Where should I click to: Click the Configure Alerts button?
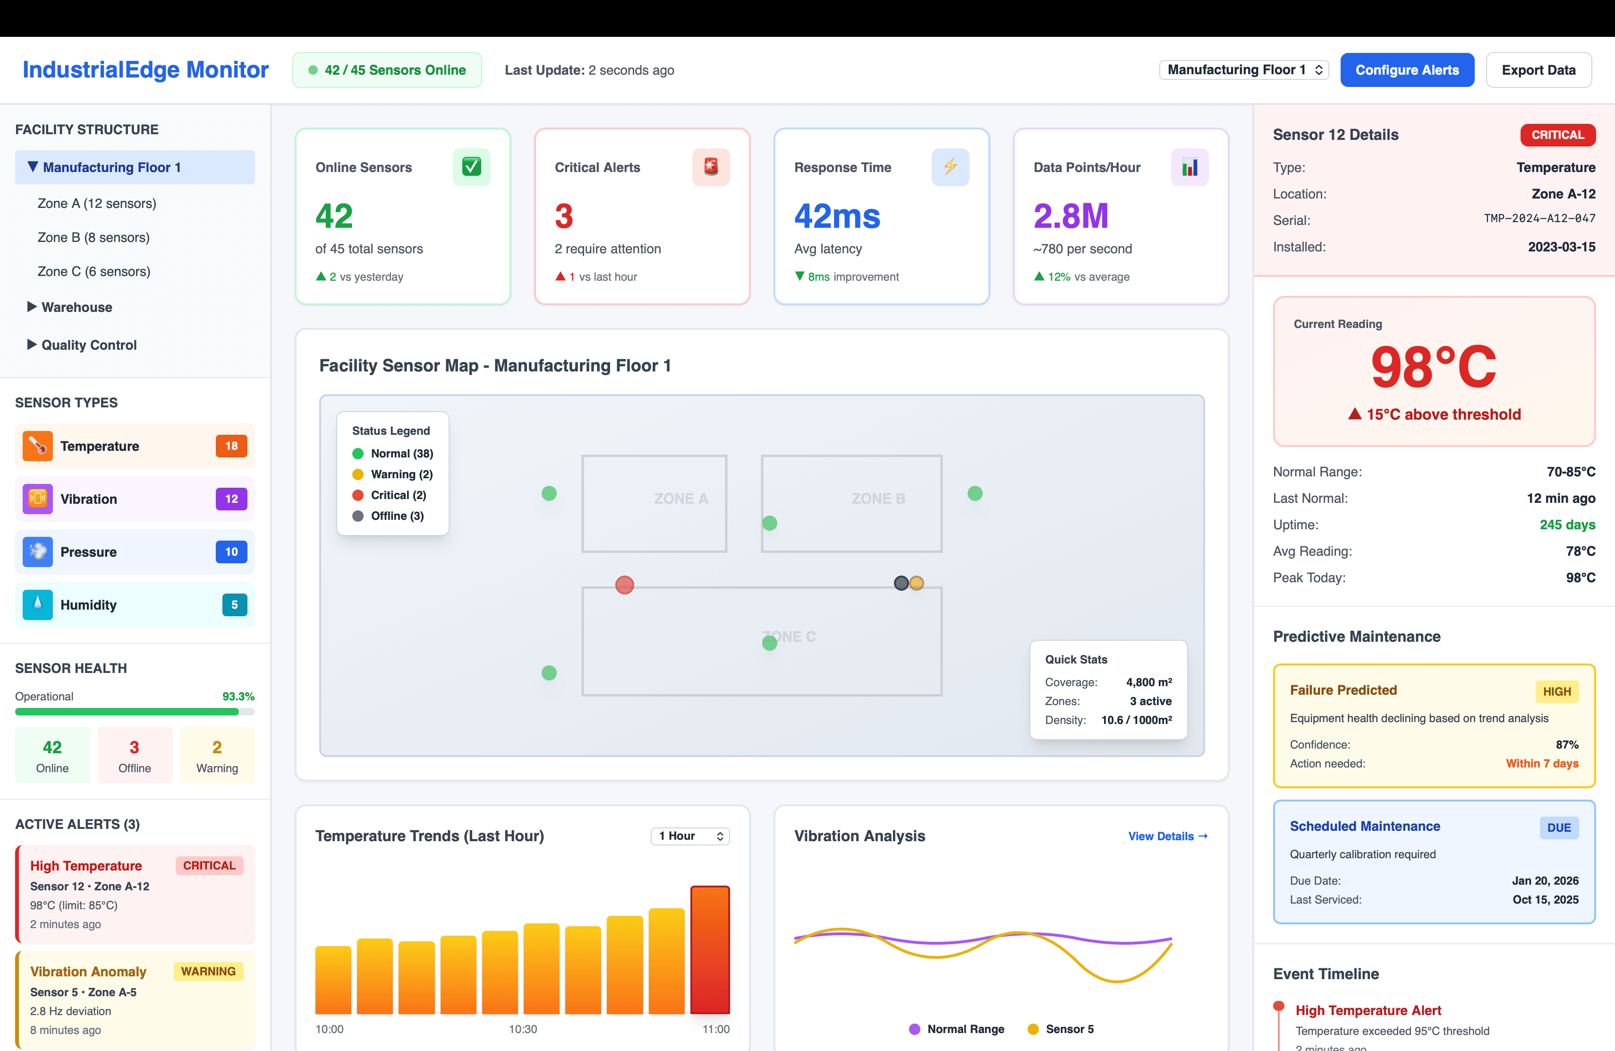click(x=1407, y=70)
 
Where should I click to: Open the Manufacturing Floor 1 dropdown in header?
click(x=1243, y=70)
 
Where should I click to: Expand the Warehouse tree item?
click(x=76, y=307)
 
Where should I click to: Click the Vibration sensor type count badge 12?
click(x=231, y=499)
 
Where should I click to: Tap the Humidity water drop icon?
click(x=37, y=604)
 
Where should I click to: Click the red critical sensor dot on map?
click(x=624, y=585)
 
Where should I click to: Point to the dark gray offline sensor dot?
click(x=901, y=583)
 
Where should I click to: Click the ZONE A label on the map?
click(x=680, y=499)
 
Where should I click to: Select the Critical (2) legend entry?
click(x=398, y=495)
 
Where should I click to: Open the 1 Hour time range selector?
click(x=689, y=836)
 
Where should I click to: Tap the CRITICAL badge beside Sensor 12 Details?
click(x=1557, y=134)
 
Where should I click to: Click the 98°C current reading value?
click(x=1433, y=367)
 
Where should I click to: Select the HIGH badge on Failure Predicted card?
click(x=1556, y=691)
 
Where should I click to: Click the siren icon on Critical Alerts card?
click(x=711, y=166)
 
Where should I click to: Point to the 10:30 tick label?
click(x=522, y=1029)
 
